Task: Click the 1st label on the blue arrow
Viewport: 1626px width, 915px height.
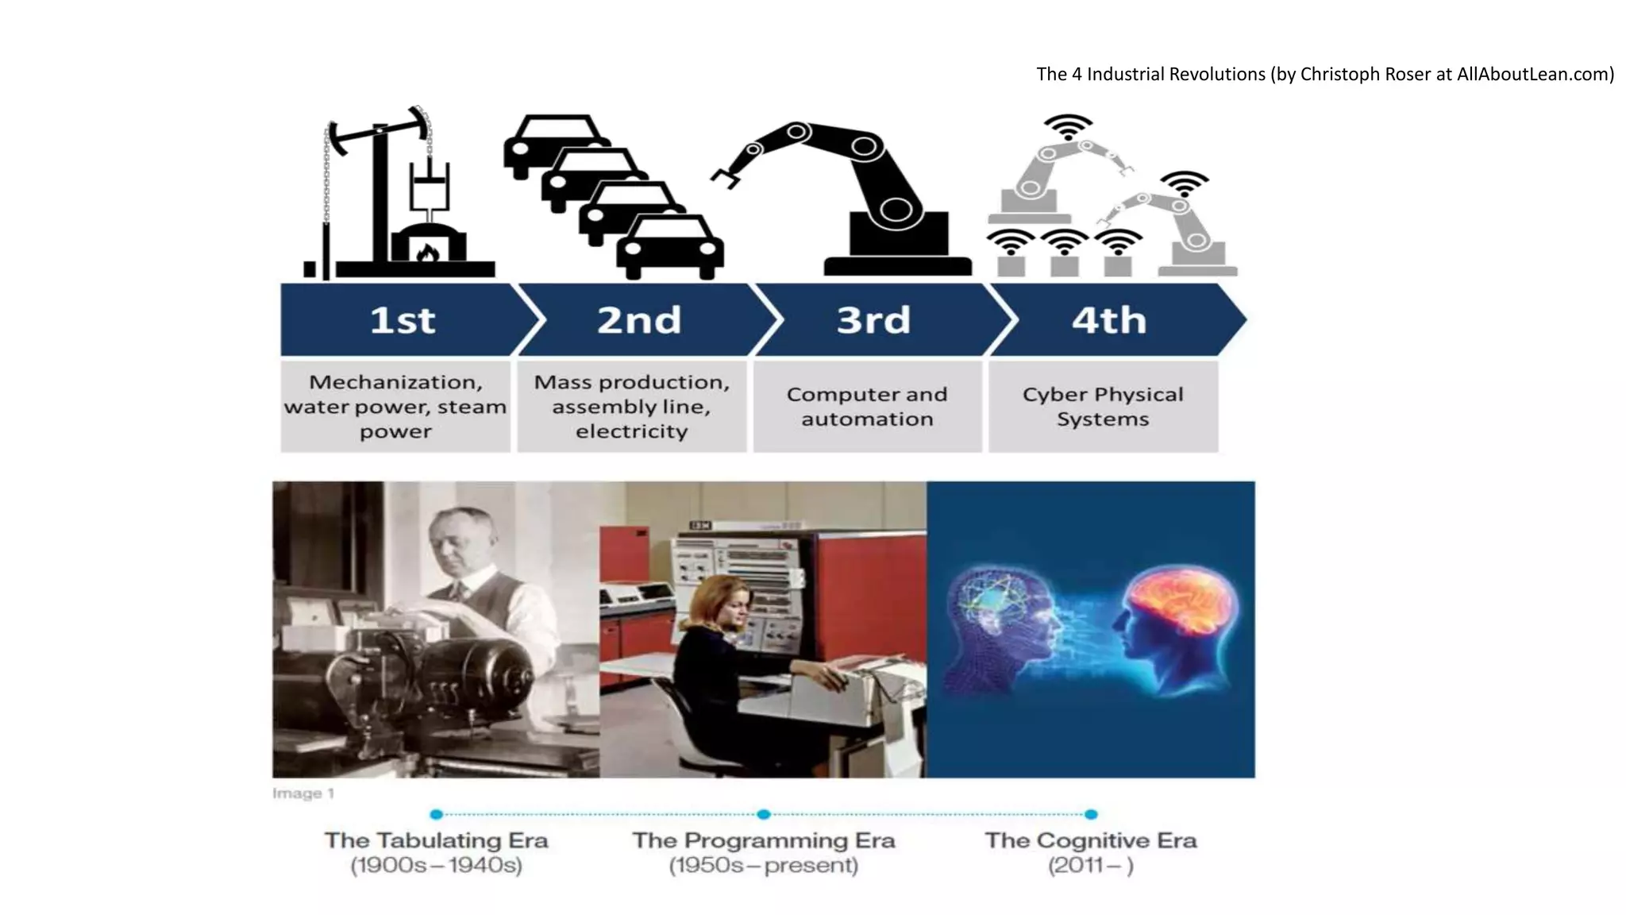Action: (x=403, y=320)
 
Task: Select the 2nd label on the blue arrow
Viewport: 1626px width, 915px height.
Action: (x=639, y=320)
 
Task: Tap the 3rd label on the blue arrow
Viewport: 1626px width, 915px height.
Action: (x=873, y=320)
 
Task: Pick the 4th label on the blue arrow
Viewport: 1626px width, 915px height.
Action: (x=1109, y=320)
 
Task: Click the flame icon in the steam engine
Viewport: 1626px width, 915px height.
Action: (x=428, y=253)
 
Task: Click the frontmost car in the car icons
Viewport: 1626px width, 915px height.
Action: (x=670, y=248)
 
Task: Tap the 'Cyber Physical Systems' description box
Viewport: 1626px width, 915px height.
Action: (x=1103, y=407)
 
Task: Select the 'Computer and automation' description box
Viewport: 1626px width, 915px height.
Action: (x=867, y=407)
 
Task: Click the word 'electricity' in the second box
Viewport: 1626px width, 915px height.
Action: (x=632, y=431)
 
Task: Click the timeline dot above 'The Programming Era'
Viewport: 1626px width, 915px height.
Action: (x=764, y=814)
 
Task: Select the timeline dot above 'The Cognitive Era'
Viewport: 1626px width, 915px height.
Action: (x=1091, y=814)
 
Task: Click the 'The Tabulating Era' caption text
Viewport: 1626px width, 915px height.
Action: (x=436, y=840)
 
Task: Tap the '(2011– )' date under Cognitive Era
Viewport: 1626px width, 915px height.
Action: (x=1091, y=865)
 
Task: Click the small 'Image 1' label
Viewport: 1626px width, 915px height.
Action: (x=303, y=793)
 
